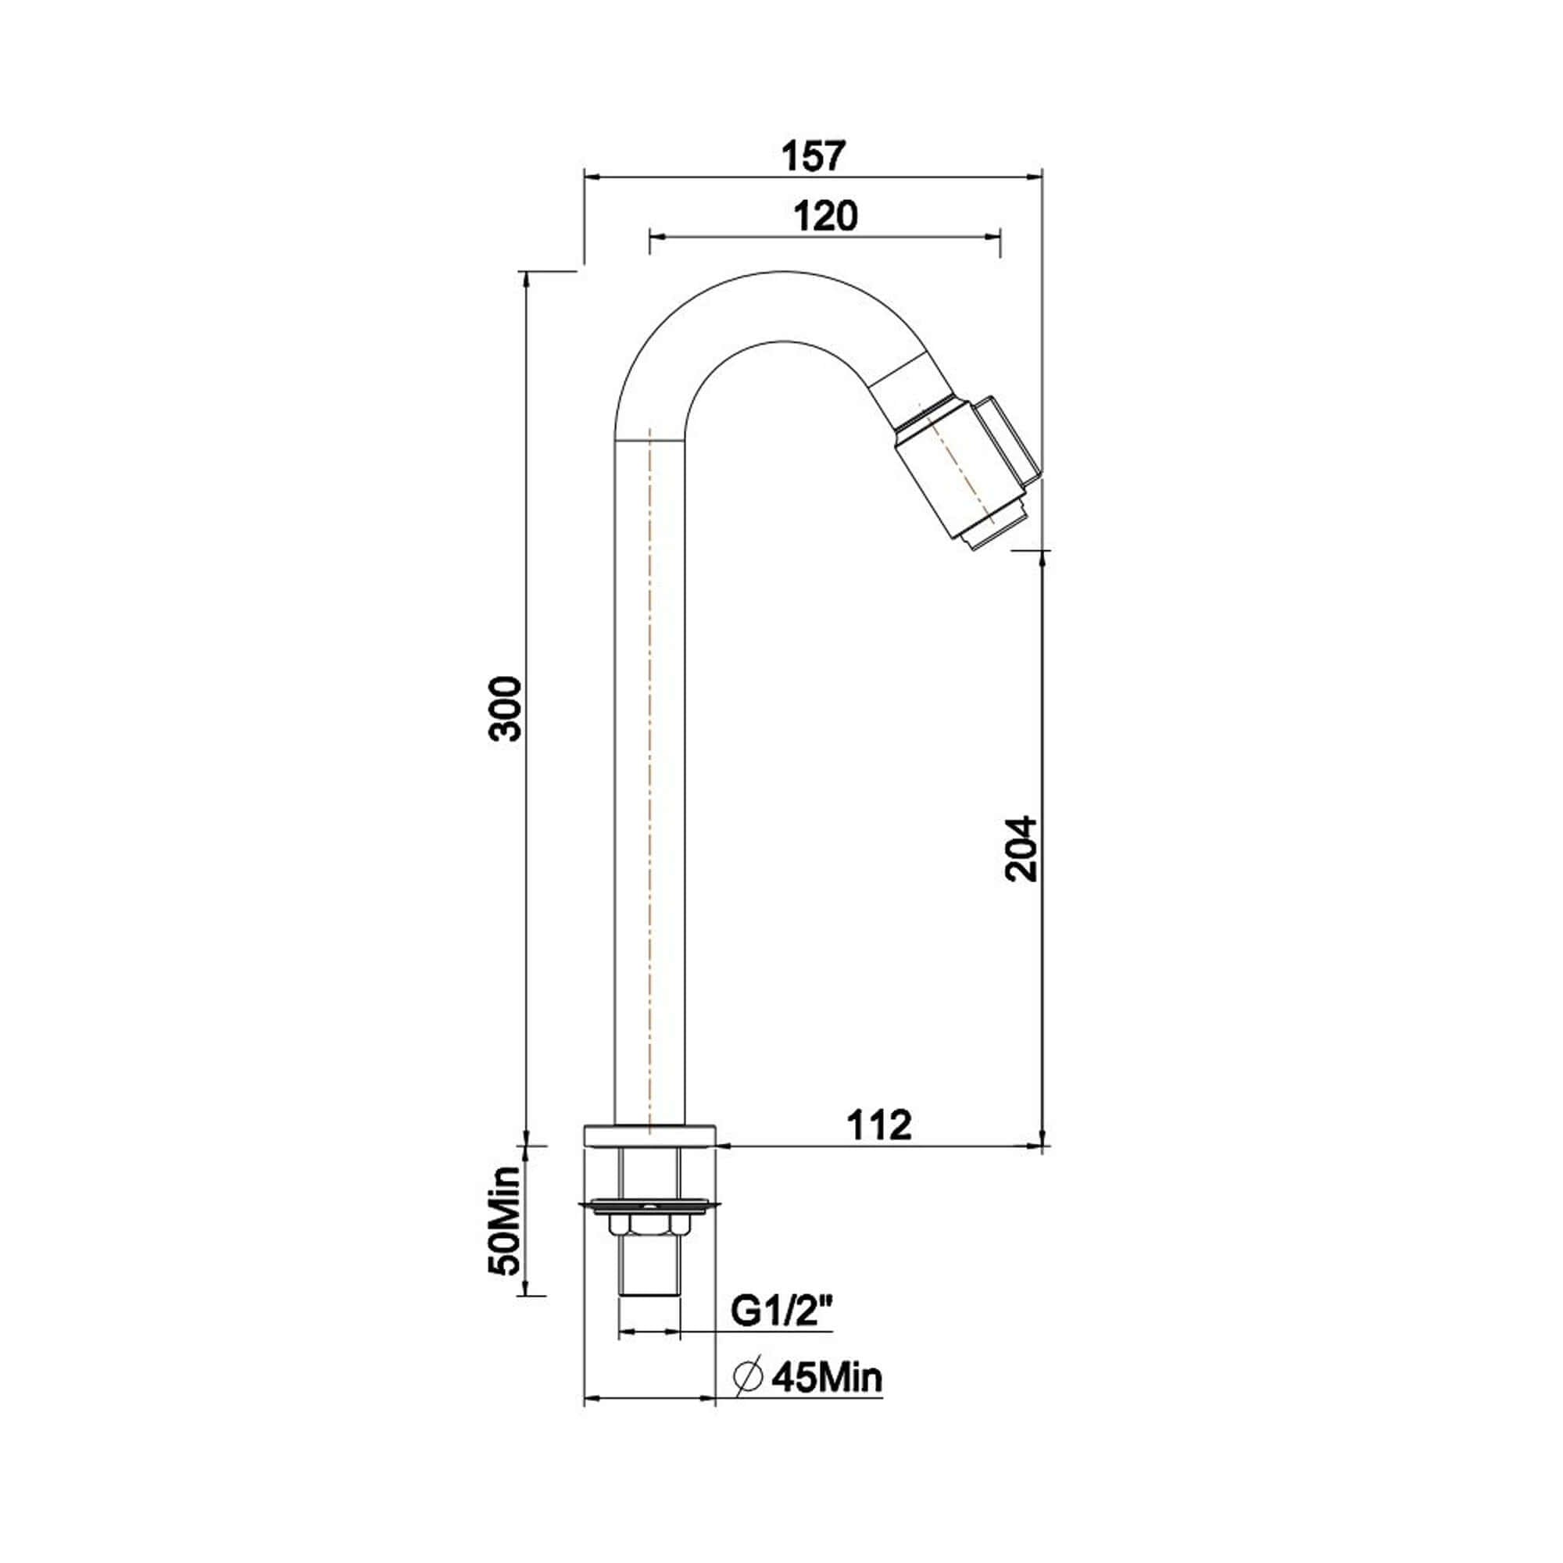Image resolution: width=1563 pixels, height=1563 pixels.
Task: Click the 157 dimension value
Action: (x=814, y=156)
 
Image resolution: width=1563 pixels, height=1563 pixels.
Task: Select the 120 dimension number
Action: (x=825, y=216)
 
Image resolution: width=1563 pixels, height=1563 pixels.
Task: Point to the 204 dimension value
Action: (x=1021, y=849)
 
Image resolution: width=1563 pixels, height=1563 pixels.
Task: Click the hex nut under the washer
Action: (x=649, y=1248)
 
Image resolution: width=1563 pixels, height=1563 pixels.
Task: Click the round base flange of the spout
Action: (x=649, y=1134)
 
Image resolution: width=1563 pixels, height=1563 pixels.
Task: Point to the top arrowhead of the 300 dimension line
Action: (x=528, y=277)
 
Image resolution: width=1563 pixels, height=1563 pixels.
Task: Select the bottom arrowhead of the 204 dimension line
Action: (x=1042, y=1136)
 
